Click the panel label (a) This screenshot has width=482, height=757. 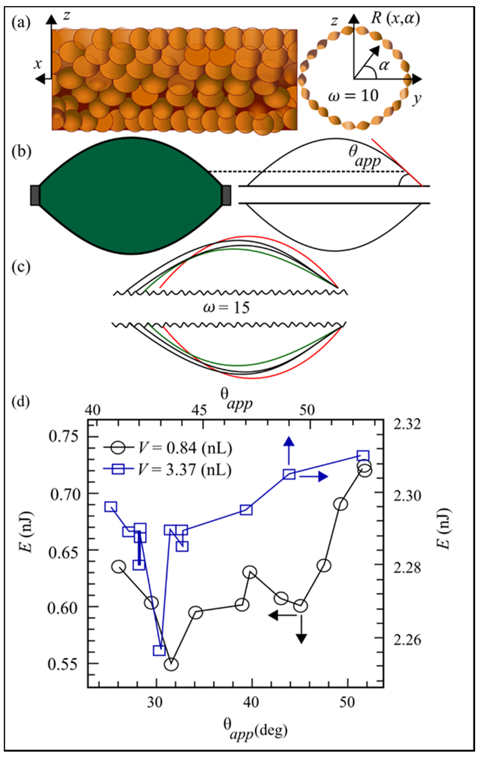(x=21, y=24)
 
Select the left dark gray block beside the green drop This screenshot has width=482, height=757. (x=35, y=196)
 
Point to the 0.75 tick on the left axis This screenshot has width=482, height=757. (x=63, y=437)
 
